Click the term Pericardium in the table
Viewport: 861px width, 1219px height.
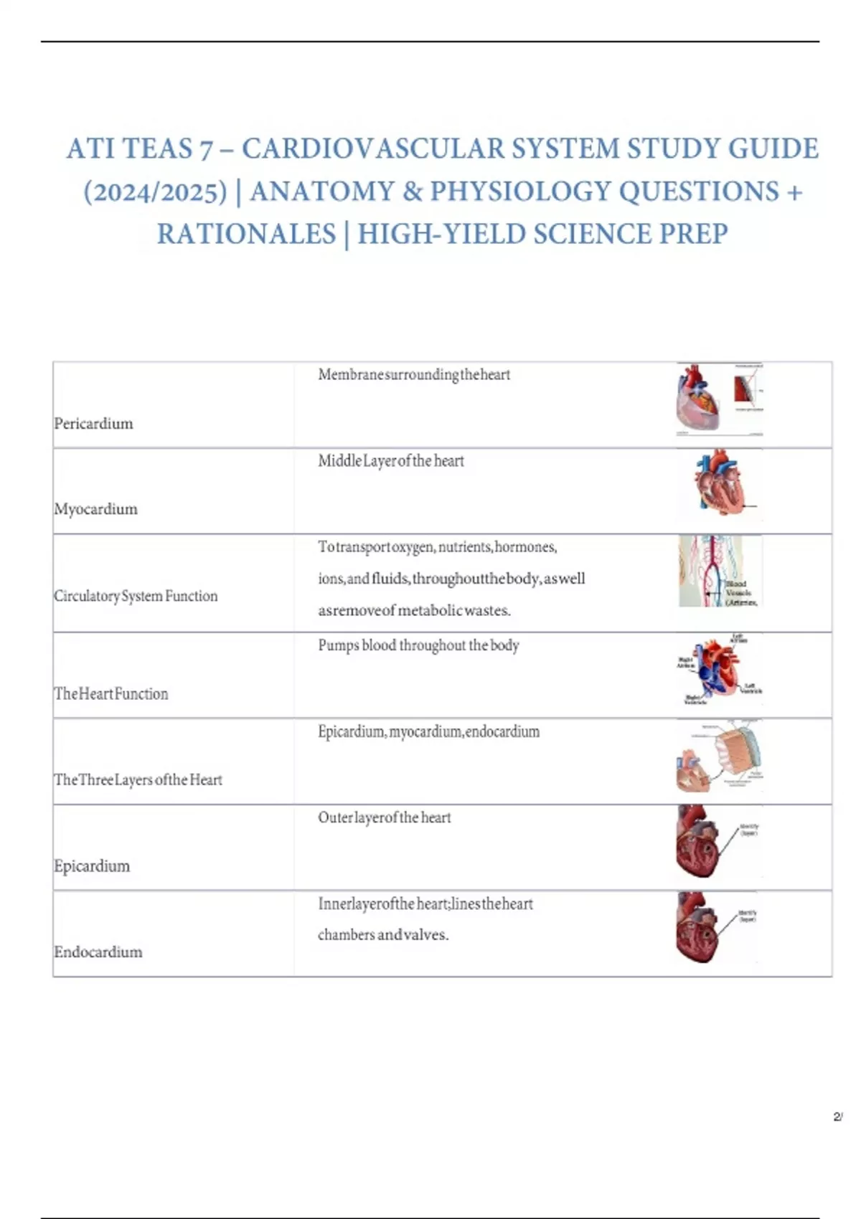click(93, 424)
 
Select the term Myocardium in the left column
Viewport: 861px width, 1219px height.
click(95, 509)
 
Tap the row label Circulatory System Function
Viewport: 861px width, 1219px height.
click(136, 596)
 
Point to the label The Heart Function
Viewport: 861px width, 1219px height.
click(111, 694)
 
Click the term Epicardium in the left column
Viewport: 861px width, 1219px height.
click(92, 866)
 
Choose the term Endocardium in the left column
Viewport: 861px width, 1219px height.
click(98, 952)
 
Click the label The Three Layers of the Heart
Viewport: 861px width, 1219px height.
click(138, 780)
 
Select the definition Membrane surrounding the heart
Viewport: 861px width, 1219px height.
click(414, 375)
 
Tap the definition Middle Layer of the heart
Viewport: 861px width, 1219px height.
click(391, 461)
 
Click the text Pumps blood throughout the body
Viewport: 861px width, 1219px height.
click(418, 645)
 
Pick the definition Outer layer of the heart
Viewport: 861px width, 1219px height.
click(385, 817)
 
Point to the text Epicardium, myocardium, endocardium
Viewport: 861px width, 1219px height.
click(428, 732)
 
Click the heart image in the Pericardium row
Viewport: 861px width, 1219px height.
click(719, 399)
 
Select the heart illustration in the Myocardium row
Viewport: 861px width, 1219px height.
click(720, 484)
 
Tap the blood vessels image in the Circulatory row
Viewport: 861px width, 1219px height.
click(719, 571)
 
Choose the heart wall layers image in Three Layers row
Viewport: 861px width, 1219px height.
click(720, 756)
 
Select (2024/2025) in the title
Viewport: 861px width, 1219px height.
click(155, 192)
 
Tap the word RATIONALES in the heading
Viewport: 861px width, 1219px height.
click(246, 234)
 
